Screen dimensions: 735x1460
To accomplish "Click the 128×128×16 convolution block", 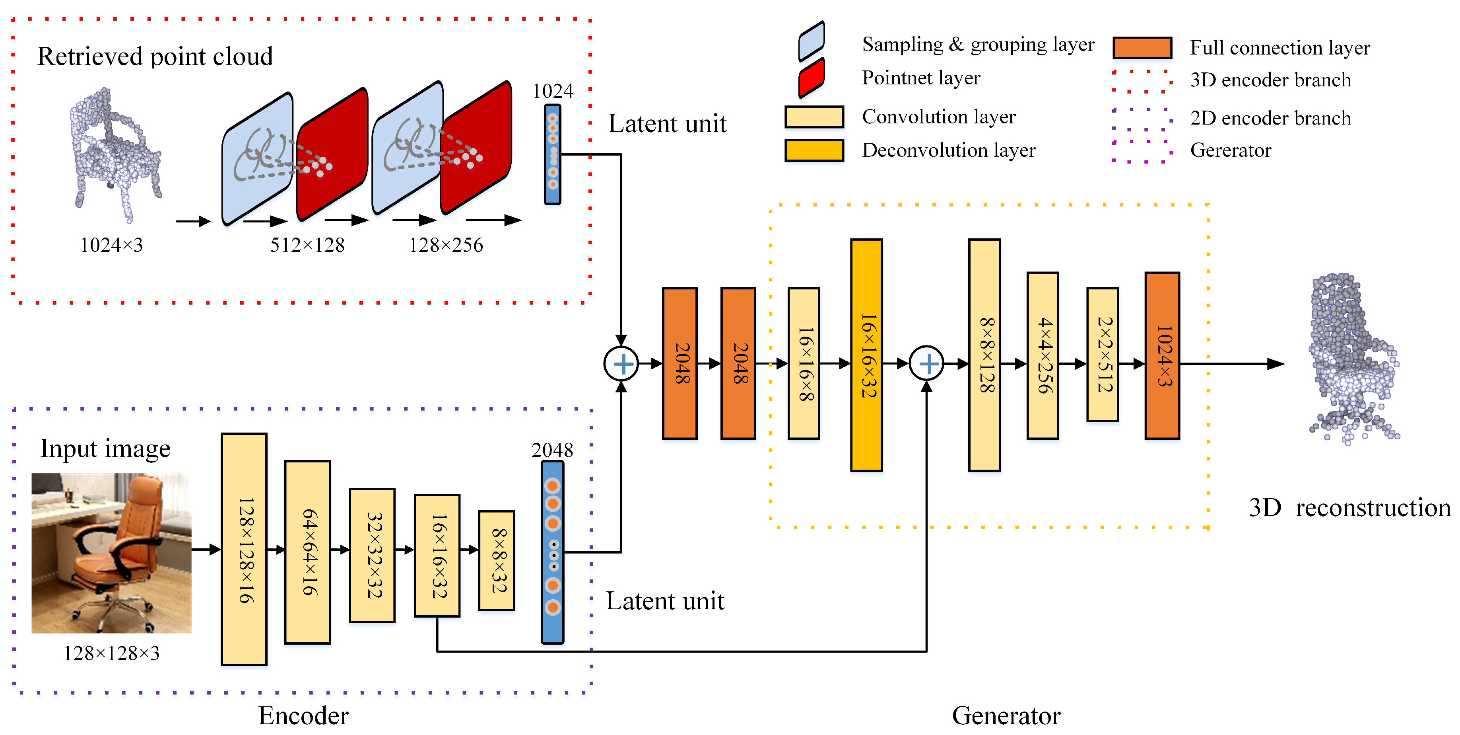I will [244, 549].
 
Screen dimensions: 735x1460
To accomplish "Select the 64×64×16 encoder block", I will [307, 552].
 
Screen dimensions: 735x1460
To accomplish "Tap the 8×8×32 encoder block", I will [497, 560].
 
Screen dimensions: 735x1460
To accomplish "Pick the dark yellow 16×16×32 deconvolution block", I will [866, 355].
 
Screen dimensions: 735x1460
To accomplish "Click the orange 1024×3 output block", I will [1162, 356].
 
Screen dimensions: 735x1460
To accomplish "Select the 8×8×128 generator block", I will [984, 355].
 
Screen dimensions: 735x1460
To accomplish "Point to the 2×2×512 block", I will [1103, 355].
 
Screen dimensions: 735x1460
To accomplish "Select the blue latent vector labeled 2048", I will [553, 552].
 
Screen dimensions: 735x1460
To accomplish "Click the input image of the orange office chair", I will [112, 553].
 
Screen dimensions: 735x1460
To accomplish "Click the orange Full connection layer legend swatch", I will [1142, 48].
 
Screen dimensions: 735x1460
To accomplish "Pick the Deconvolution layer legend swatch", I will [814, 150].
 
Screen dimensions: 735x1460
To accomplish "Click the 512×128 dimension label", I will [307, 245].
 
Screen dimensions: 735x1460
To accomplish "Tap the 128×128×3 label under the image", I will [112, 653].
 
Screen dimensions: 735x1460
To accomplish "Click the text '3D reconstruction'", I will [1349, 508].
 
